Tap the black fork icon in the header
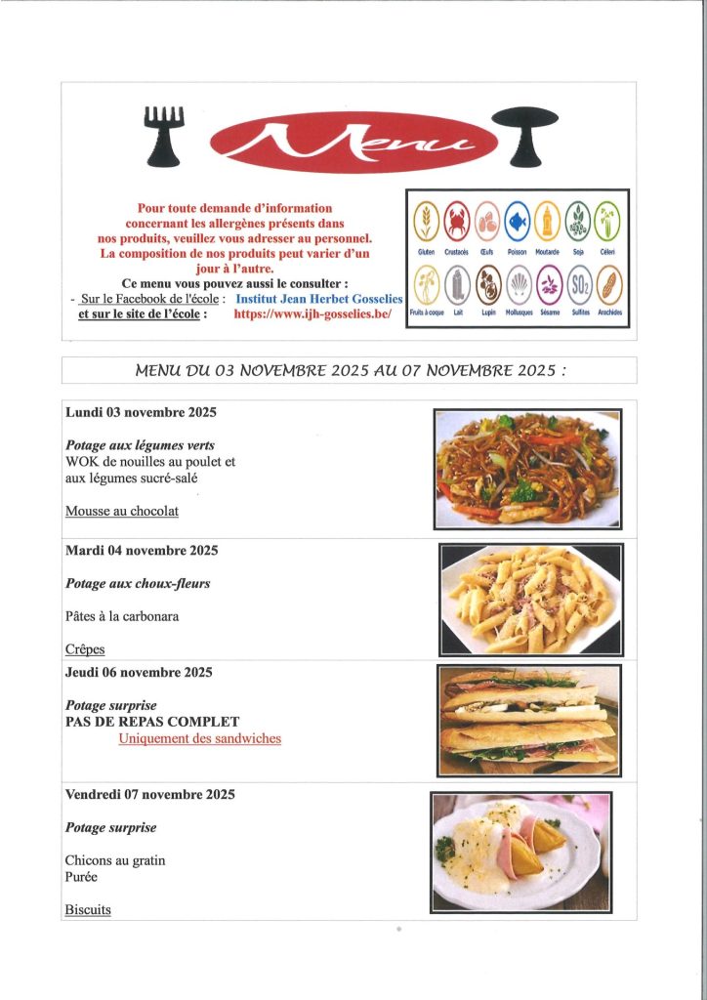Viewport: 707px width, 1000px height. pyautogui.click(x=164, y=135)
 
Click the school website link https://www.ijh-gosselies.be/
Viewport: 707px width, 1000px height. pyautogui.click(x=312, y=314)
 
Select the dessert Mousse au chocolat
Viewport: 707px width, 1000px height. pyautogui.click(x=122, y=511)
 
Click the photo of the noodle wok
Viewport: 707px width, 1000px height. pyautogui.click(x=528, y=470)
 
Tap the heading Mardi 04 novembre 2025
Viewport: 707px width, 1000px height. pyautogui.click(x=142, y=551)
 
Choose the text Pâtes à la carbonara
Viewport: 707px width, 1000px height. pyautogui.click(x=122, y=616)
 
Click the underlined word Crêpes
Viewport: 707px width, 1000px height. pyautogui.click(x=85, y=649)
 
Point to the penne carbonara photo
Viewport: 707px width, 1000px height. pyautogui.click(x=530, y=599)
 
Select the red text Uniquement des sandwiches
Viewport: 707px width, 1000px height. pyautogui.click(x=199, y=739)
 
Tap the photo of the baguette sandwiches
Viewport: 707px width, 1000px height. pyautogui.click(x=528, y=720)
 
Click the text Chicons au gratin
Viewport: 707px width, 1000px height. pyautogui.click(x=115, y=860)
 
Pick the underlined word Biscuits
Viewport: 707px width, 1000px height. pyautogui.click(x=88, y=910)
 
